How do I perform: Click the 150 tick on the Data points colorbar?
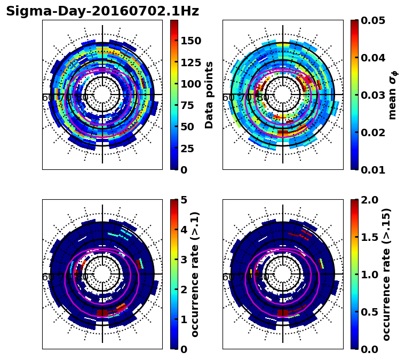[191, 41]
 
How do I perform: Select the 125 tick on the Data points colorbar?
[191, 62]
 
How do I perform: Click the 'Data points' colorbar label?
[209, 95]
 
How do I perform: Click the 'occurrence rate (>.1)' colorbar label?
[195, 274]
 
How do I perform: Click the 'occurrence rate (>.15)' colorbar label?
[386, 274]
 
